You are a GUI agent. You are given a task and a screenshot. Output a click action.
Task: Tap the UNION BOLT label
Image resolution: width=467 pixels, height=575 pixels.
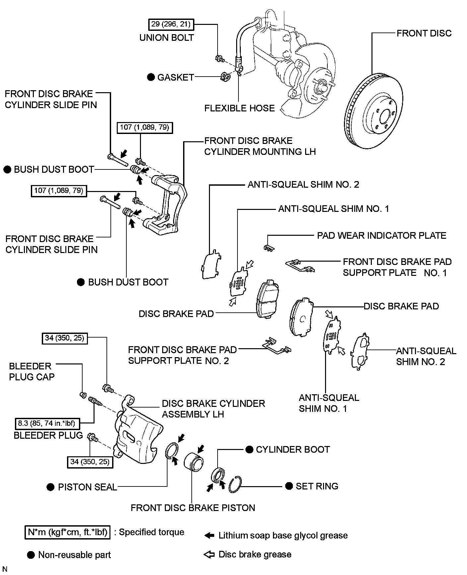167,37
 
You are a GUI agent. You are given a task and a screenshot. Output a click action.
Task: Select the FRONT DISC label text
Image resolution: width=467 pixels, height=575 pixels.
424,33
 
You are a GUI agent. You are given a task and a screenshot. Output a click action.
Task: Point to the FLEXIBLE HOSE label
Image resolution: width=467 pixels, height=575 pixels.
239,108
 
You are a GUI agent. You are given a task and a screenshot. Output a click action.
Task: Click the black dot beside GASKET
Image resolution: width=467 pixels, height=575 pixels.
151,77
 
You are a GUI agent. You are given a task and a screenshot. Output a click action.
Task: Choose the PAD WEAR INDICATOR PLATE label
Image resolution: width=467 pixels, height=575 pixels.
381,235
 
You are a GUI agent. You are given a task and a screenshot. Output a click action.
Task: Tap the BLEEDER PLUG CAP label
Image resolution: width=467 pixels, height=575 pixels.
32,371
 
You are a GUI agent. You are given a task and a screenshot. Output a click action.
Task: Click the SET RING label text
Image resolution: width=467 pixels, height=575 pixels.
317,486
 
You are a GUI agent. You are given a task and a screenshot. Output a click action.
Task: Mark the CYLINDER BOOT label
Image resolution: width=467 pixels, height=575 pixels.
293,449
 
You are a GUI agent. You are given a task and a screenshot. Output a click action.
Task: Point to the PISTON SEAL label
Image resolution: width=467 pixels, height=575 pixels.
87,487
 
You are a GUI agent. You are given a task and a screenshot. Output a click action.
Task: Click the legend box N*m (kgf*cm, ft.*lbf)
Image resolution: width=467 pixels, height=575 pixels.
67,532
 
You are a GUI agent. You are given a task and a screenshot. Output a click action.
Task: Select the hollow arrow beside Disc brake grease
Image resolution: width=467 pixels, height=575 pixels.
209,554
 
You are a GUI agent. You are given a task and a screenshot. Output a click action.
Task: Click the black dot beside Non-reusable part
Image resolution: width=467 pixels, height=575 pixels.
31,555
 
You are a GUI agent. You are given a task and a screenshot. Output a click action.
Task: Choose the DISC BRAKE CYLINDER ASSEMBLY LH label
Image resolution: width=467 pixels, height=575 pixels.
213,409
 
